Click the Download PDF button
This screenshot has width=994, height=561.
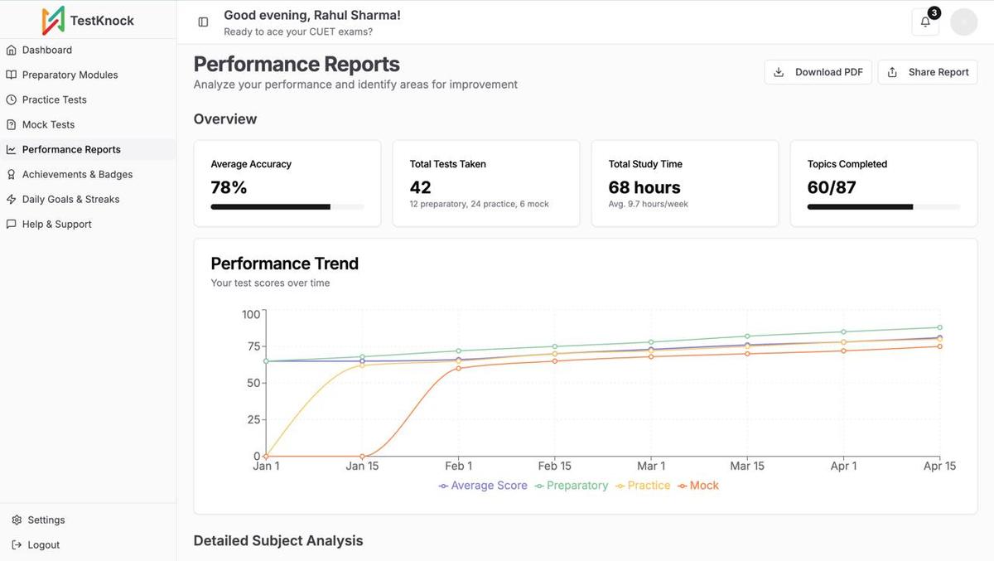coord(818,72)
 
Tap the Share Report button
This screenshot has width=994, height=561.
coord(927,72)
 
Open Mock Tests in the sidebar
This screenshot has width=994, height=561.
coord(48,124)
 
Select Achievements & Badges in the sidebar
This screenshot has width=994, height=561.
coord(77,174)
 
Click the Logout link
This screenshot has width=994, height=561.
coord(43,544)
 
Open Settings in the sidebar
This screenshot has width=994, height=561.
coord(46,520)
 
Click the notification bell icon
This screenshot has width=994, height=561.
coord(925,22)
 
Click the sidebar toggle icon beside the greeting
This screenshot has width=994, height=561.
coord(203,22)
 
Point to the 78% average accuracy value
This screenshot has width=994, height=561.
coord(229,187)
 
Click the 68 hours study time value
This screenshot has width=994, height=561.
coord(644,187)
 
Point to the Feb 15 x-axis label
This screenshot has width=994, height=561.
coord(554,466)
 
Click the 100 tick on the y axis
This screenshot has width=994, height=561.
coord(251,314)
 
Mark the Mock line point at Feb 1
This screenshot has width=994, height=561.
coord(458,368)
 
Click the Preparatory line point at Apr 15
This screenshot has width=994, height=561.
coord(939,327)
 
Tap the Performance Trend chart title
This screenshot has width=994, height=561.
coord(284,264)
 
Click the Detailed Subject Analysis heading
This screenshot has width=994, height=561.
coord(278,540)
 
